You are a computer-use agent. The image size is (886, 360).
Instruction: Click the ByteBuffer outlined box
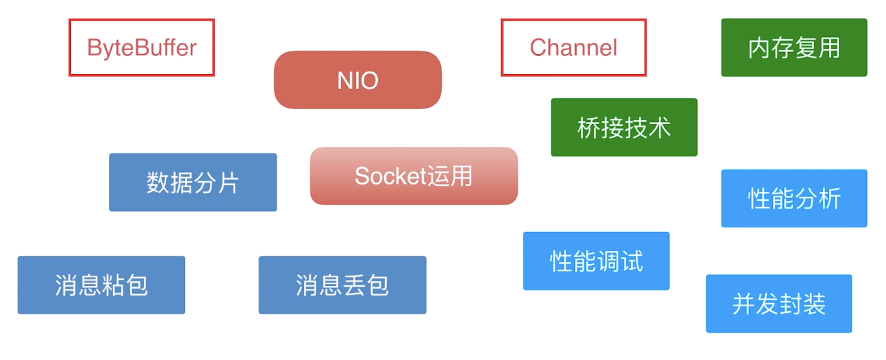tap(142, 47)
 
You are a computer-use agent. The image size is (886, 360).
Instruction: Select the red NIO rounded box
tap(357, 80)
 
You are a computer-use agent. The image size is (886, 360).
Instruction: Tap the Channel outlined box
tap(574, 47)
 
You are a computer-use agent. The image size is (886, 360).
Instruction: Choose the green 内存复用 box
tap(794, 47)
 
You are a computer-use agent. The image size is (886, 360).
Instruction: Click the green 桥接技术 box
tap(624, 127)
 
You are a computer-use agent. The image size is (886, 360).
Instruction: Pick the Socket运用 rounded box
tap(414, 176)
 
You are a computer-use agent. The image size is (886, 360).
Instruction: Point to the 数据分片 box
tap(193, 183)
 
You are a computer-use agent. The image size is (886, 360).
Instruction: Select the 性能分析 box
tap(794, 198)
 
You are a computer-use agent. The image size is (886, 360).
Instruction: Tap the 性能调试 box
tap(596, 261)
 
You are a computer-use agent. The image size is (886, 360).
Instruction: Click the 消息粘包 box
tap(101, 285)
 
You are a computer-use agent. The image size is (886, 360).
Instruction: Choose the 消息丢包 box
tap(342, 285)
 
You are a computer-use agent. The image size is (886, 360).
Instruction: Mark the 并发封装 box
tap(779, 303)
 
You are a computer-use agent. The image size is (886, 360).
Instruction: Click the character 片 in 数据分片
tap(228, 183)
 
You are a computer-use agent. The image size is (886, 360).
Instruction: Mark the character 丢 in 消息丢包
tap(354, 285)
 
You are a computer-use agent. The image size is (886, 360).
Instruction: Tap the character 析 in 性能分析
tap(829, 198)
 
